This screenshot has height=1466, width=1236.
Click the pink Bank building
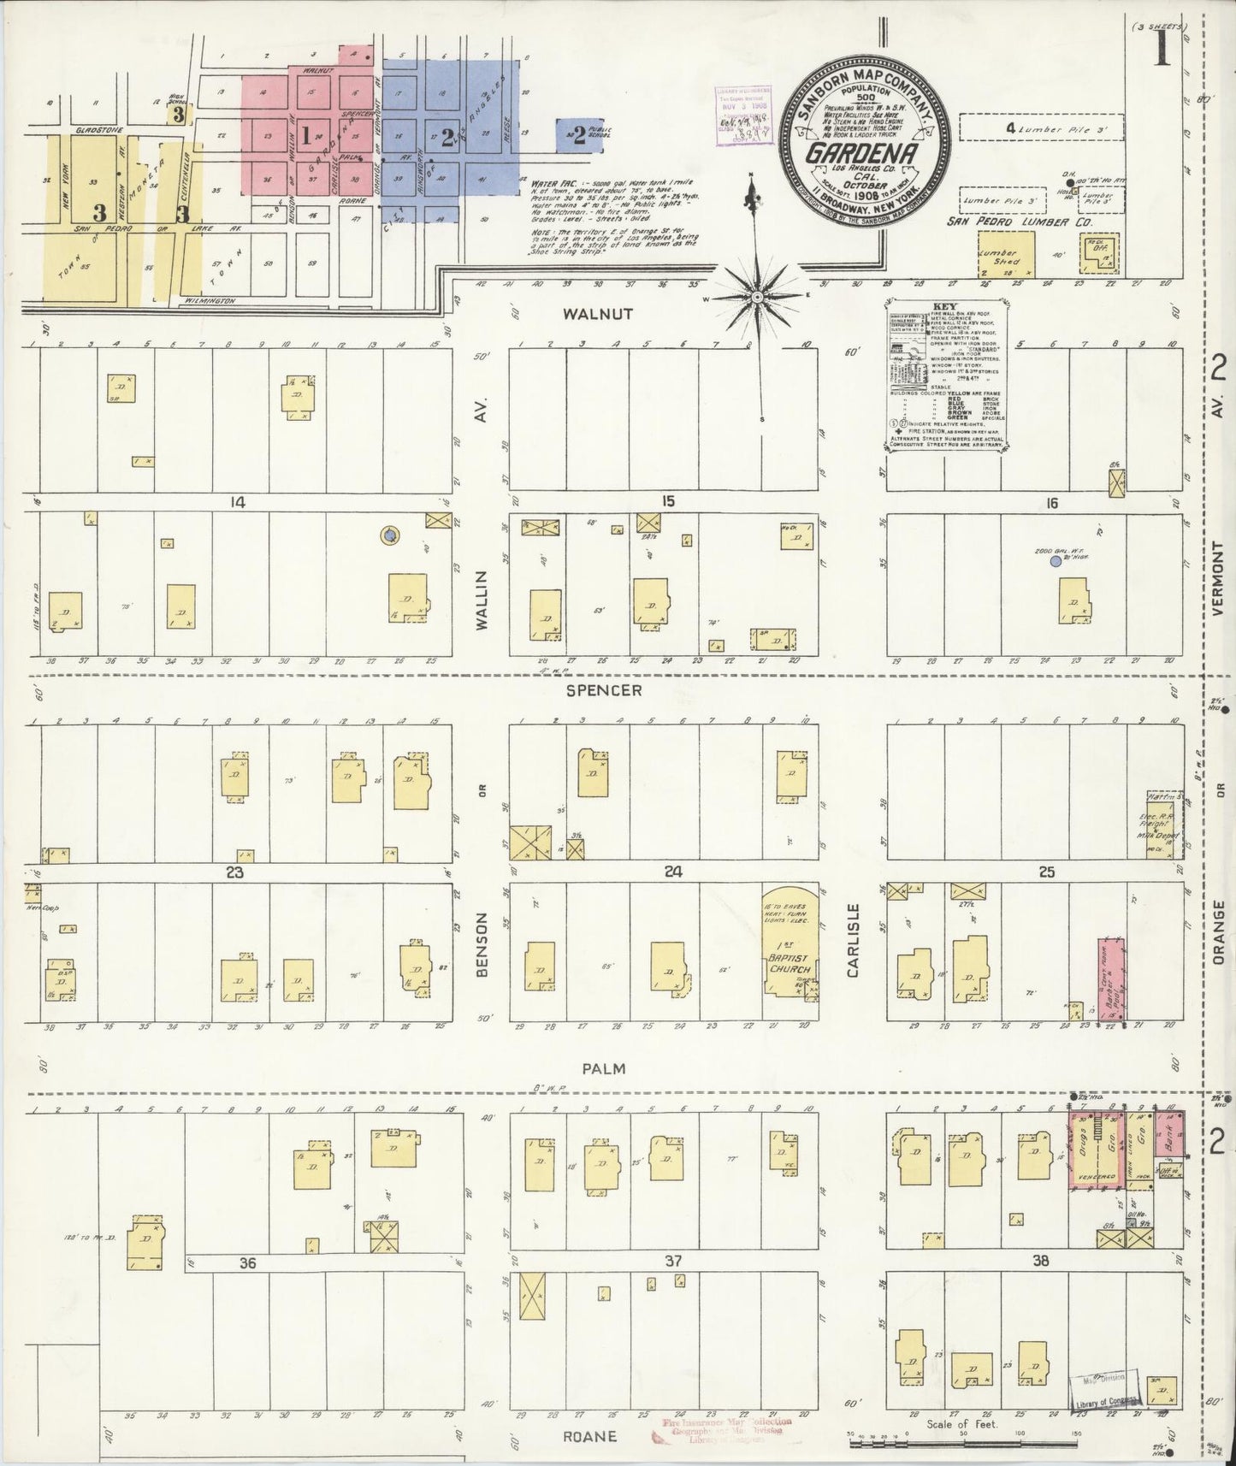click(x=1167, y=1133)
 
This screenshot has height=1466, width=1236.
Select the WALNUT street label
click(x=609, y=314)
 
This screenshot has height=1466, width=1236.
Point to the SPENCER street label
click(x=604, y=689)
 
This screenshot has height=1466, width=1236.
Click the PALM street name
click(x=605, y=1068)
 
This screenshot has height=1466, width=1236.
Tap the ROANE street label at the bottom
click(x=591, y=1436)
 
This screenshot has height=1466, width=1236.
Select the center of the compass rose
click(x=757, y=296)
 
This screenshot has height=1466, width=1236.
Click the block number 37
click(x=673, y=1261)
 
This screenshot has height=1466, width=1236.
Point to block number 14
click(x=237, y=503)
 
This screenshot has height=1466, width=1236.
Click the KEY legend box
click(x=946, y=374)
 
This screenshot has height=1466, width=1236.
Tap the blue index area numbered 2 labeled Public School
click(x=579, y=135)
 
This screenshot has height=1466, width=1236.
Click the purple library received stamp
click(x=741, y=114)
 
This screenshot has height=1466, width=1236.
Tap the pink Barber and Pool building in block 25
click(x=1112, y=978)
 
